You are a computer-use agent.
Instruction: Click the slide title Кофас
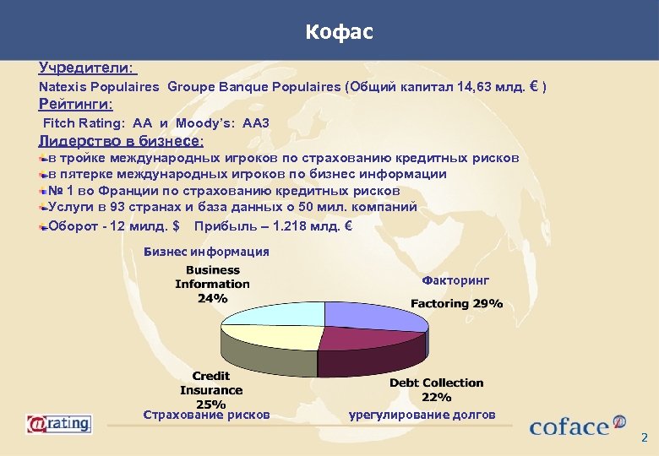(x=339, y=33)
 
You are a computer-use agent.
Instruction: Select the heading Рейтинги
(x=76, y=105)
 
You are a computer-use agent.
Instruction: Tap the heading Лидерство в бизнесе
(x=121, y=141)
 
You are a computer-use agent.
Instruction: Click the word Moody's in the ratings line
(x=205, y=123)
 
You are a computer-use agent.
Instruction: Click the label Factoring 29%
(x=456, y=303)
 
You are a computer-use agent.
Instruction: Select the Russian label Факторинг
(x=455, y=280)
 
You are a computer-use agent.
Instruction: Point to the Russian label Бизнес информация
(x=207, y=252)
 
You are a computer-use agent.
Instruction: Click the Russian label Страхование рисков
(x=207, y=415)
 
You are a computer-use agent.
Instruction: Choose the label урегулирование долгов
(x=422, y=415)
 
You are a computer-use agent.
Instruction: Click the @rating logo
(x=58, y=423)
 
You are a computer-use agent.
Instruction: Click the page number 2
(x=644, y=438)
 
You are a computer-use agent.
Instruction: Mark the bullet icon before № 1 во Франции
(x=43, y=192)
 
